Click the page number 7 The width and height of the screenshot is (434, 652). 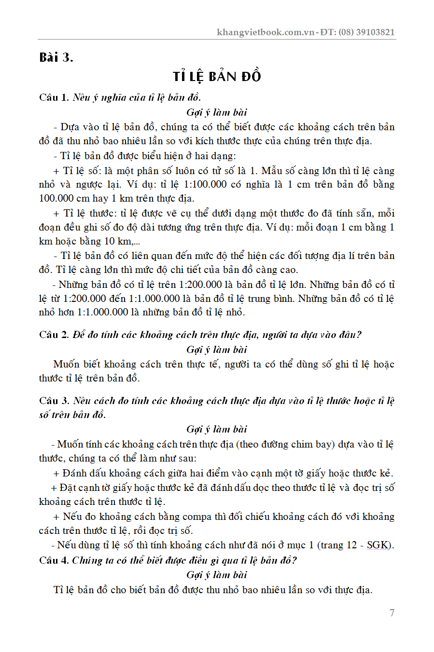point(392,613)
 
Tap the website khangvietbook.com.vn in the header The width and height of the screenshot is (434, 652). point(266,32)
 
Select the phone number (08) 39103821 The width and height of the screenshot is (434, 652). point(366,32)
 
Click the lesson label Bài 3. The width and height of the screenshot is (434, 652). point(56,57)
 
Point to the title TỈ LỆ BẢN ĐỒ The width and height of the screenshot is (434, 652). point(217,76)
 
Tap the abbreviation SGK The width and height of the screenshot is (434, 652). point(378,545)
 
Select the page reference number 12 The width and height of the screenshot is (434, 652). point(351,545)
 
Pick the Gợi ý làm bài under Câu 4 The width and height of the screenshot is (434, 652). point(217,575)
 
